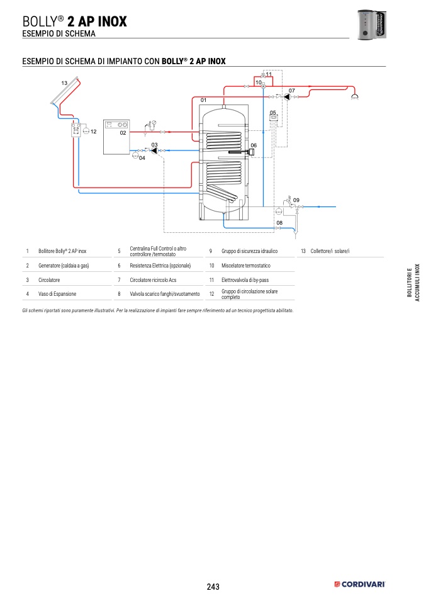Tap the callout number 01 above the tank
click(203, 100)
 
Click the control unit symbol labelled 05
click(273, 120)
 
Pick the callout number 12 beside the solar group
click(93, 132)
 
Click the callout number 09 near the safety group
click(296, 200)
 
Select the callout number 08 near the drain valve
click(279, 223)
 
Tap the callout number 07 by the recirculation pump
click(291, 91)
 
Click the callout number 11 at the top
click(269, 75)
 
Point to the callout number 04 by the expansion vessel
click(142, 158)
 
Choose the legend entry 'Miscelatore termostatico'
click(245, 266)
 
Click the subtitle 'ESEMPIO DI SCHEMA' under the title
click(59, 33)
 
